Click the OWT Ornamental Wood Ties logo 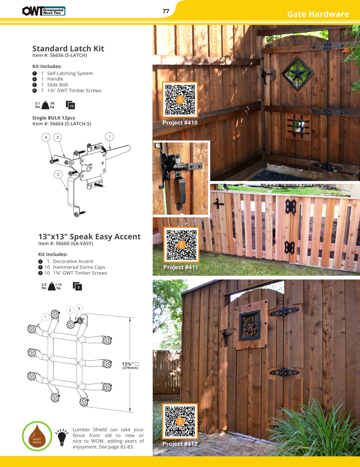click(x=44, y=11)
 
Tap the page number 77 click(x=166, y=11)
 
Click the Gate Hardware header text click(x=318, y=14)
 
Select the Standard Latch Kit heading click(x=68, y=49)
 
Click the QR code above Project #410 click(x=180, y=100)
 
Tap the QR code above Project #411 click(x=181, y=245)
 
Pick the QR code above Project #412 click(x=180, y=421)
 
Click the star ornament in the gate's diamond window click(x=298, y=73)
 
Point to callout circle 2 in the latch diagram click(x=58, y=174)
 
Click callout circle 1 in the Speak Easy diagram click(x=45, y=317)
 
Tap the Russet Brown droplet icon click(x=37, y=436)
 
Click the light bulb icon click(x=62, y=437)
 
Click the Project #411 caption click(x=181, y=267)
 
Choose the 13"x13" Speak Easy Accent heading click(x=89, y=237)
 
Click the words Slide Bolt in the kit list click(x=57, y=85)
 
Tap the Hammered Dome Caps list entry click(x=79, y=267)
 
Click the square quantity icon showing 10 click(x=70, y=105)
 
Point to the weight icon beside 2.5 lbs click(x=51, y=286)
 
